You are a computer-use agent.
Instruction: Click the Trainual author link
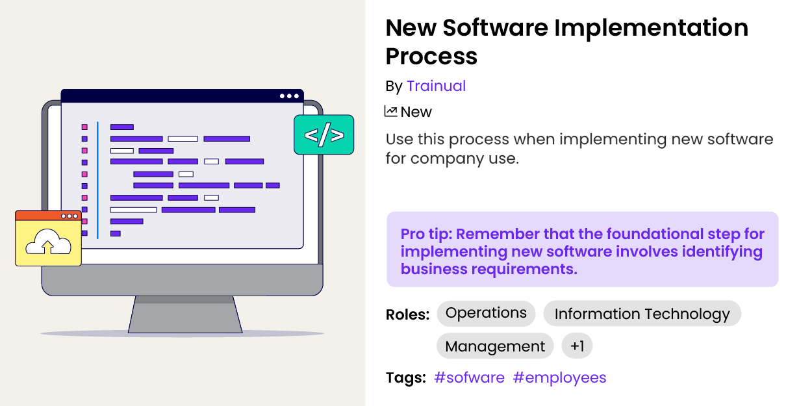click(x=436, y=86)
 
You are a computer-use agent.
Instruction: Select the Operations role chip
click(x=486, y=313)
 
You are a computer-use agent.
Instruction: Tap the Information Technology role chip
click(x=642, y=314)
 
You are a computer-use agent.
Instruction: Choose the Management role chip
click(x=495, y=346)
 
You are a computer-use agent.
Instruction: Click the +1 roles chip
click(x=577, y=346)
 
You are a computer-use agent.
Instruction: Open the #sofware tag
click(x=469, y=378)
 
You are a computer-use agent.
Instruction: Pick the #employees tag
click(x=559, y=378)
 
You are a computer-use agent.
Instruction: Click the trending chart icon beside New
click(x=390, y=112)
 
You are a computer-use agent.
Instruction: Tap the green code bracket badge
click(x=324, y=135)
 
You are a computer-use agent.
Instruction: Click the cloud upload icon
click(x=47, y=242)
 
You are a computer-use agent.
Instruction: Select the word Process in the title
click(x=431, y=57)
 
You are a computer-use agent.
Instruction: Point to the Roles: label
click(x=407, y=315)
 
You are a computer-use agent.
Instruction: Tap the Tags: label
click(x=405, y=378)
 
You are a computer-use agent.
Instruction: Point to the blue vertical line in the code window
click(x=98, y=180)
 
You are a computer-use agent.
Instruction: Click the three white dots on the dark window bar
click(x=290, y=96)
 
